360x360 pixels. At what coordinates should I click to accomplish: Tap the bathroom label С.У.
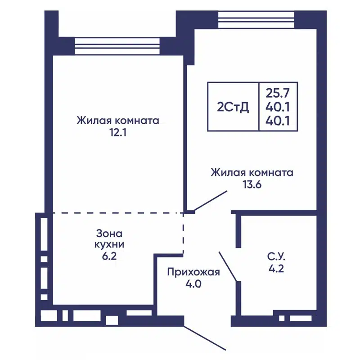point(277,258)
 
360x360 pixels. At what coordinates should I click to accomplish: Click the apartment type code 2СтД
point(233,107)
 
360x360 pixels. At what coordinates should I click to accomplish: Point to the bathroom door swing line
point(228,266)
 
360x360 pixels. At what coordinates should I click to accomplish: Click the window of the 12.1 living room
point(117,45)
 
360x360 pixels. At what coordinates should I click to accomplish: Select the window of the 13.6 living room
point(256,19)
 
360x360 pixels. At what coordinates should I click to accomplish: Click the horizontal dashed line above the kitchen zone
point(117,212)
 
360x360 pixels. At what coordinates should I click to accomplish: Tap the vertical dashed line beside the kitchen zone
point(184,234)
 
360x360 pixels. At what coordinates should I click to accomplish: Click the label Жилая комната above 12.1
point(118,121)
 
